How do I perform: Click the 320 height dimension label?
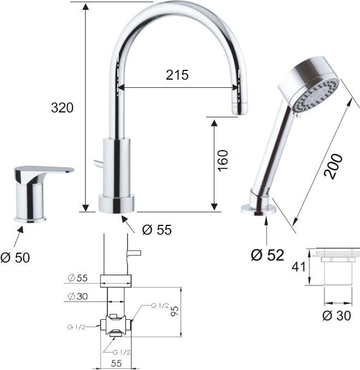[x=62, y=108]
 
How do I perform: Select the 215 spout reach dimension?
[x=177, y=75]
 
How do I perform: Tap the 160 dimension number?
[x=223, y=160]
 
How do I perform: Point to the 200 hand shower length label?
[x=333, y=166]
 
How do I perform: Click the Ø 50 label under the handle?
[x=15, y=258]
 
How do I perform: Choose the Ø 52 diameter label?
[x=267, y=255]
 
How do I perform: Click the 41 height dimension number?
[x=298, y=267]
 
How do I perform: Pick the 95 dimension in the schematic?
[x=175, y=311]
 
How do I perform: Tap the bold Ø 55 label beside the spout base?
[x=157, y=230]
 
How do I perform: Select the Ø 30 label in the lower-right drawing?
[x=337, y=315]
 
